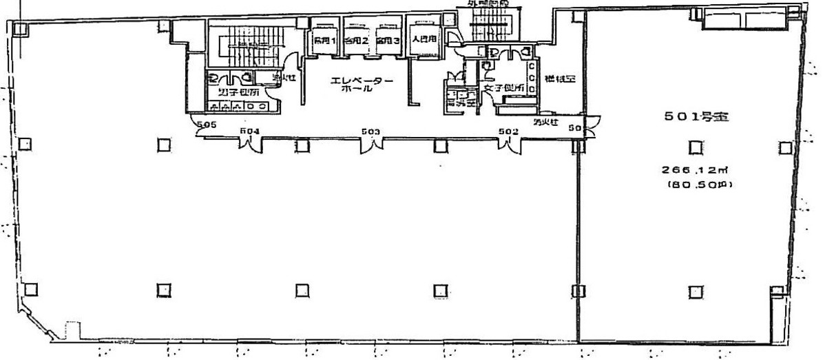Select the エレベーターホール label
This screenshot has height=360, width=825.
[362, 85]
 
